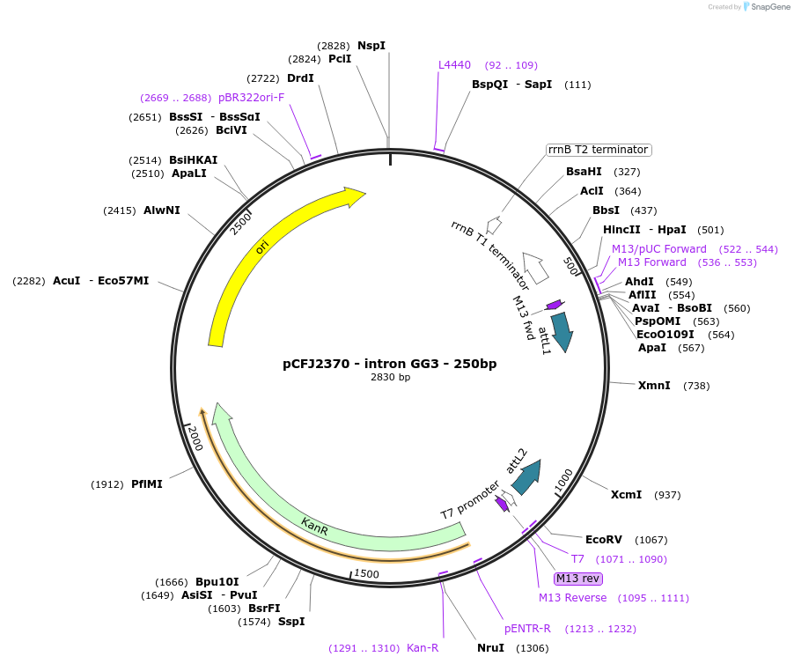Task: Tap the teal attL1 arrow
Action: (x=561, y=333)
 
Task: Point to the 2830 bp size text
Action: (x=389, y=377)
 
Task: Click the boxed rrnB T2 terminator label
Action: (x=598, y=150)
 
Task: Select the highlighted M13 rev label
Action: (x=577, y=579)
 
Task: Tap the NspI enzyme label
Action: (x=371, y=46)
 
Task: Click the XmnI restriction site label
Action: (x=654, y=386)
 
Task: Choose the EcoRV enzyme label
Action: (x=603, y=540)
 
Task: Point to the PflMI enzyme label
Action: (x=147, y=484)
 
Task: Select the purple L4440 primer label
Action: (x=455, y=65)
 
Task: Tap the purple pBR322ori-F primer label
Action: (x=251, y=98)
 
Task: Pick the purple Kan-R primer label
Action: (x=423, y=648)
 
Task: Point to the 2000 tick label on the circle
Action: (x=194, y=438)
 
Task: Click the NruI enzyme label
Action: (x=490, y=648)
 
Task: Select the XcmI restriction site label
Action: (x=627, y=495)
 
